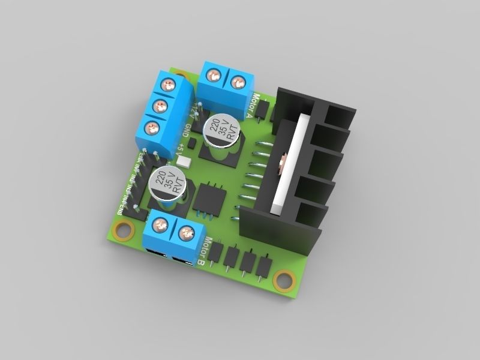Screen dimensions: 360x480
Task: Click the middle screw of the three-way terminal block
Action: [x=160, y=106]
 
